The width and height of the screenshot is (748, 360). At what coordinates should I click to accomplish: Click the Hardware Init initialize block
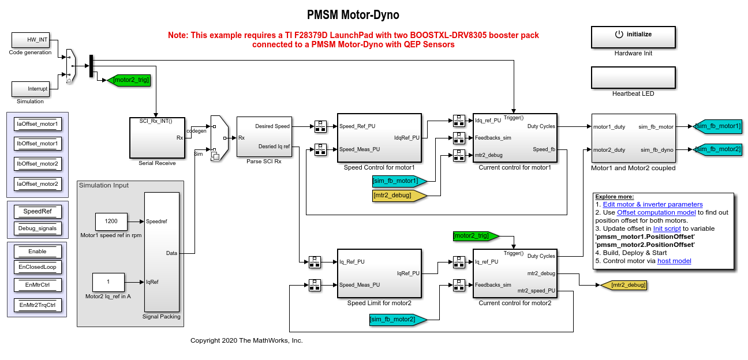[x=633, y=36]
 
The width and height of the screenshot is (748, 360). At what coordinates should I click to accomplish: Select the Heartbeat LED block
[x=633, y=77]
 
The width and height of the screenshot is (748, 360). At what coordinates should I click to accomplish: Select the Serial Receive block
[x=157, y=137]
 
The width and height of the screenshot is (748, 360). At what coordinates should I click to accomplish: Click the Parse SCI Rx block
[x=266, y=136]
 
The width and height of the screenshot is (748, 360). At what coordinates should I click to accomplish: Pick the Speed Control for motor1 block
[x=379, y=138]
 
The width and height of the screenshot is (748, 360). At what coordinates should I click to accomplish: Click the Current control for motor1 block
[x=514, y=138]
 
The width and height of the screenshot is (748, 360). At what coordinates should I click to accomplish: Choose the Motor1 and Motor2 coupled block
[x=633, y=138]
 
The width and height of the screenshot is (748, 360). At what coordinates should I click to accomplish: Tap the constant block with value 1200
[x=111, y=221]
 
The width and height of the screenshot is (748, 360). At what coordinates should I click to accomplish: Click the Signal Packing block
[x=161, y=252]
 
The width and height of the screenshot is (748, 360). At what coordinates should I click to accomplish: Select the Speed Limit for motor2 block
[x=379, y=273]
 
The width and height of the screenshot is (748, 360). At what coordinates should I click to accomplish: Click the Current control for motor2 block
[x=514, y=273]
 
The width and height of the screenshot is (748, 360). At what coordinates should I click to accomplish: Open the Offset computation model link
[x=648, y=212]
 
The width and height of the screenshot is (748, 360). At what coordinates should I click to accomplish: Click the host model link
[x=674, y=261]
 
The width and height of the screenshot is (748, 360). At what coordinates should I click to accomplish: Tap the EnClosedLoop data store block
[x=38, y=267]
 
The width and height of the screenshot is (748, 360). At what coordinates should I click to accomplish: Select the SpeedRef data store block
[x=38, y=211]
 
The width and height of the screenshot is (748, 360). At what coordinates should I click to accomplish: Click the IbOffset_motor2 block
[x=38, y=163]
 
